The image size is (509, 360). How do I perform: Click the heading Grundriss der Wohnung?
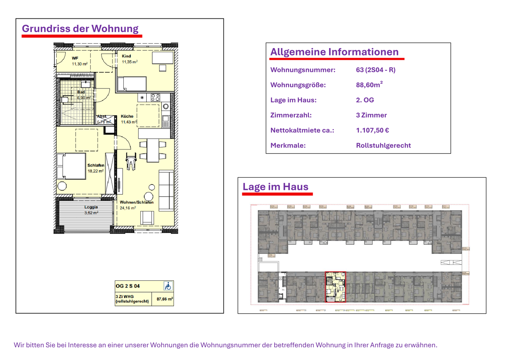point(80,29)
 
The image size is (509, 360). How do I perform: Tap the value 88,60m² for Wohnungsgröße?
point(369,85)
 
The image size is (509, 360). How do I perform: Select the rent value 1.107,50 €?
point(372,130)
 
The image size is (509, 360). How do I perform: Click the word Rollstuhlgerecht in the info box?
point(383,145)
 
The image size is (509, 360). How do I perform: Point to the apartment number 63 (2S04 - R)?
point(375,70)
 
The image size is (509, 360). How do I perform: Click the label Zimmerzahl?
point(291,115)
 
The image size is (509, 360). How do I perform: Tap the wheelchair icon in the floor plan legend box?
point(168,286)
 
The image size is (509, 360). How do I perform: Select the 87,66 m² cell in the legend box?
point(164,299)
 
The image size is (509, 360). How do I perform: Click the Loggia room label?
point(91,210)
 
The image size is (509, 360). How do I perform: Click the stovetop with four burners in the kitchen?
point(156,98)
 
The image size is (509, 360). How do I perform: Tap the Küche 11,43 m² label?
point(128,119)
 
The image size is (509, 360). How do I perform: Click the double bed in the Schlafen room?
point(71,166)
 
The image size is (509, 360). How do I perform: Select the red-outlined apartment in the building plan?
point(335,287)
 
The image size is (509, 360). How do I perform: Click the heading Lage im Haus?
point(275,187)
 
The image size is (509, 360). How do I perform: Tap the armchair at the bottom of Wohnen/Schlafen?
point(147,217)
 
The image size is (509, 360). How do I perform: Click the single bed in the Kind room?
point(132,84)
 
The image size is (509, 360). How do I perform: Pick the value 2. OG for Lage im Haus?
point(365,100)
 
